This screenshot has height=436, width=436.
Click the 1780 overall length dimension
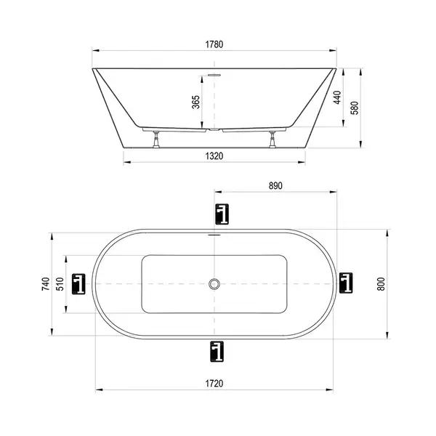(x=214, y=44)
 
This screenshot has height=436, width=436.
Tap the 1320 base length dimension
(x=214, y=156)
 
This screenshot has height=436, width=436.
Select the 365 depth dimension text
(x=196, y=102)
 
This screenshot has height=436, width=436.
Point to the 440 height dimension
(x=337, y=97)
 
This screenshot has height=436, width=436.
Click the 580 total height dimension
(x=355, y=108)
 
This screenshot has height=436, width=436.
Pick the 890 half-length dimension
(x=275, y=186)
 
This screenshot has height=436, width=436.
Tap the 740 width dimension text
(x=46, y=284)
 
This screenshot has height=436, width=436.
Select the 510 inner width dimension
(x=60, y=284)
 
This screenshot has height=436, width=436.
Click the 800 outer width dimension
(x=381, y=284)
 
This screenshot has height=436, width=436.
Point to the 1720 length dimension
(x=214, y=384)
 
